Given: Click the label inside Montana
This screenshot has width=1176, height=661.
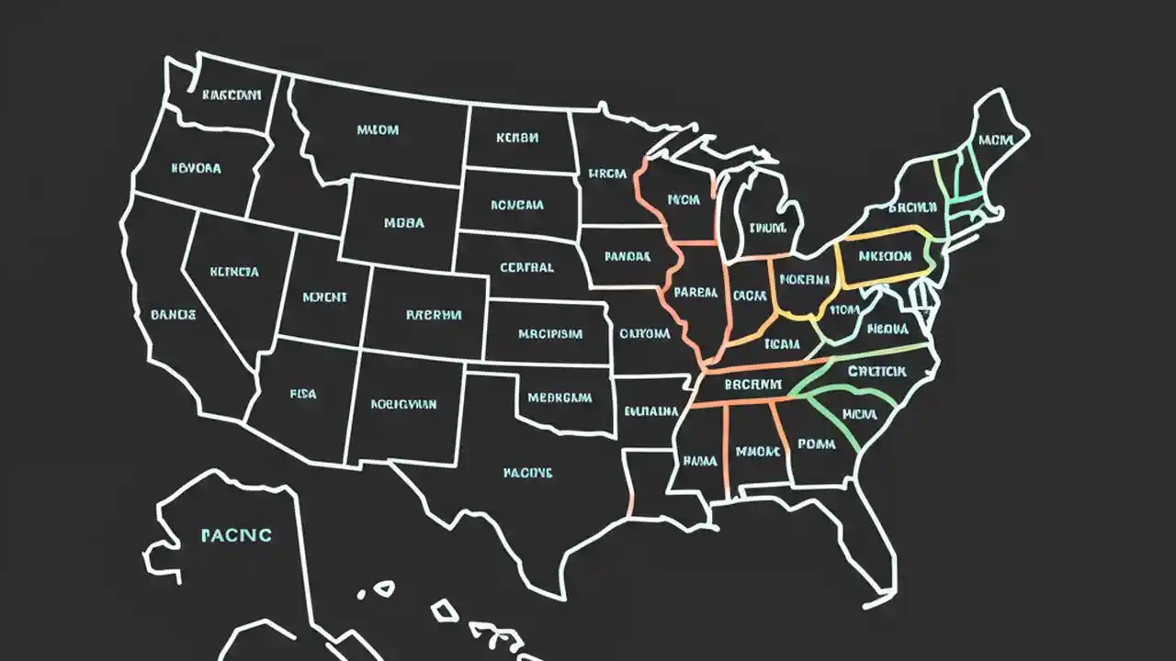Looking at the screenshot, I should tap(378, 130).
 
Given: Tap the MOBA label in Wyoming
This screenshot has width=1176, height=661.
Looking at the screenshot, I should tap(404, 222).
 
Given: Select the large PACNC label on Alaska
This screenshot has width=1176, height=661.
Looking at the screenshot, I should tap(236, 534).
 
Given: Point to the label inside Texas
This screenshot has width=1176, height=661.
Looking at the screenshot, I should tap(527, 473).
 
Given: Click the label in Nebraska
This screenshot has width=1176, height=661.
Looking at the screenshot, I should tap(526, 268).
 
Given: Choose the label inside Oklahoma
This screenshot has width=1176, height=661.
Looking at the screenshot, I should tap(560, 398).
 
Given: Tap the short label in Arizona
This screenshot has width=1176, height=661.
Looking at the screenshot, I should tap(303, 394).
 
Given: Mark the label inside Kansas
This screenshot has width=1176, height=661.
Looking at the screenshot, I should tap(550, 334).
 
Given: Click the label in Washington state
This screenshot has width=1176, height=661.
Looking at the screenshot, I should tap(232, 94).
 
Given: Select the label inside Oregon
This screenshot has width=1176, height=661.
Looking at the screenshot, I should tap(196, 169).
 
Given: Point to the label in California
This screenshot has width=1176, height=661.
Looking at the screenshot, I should tap(173, 315).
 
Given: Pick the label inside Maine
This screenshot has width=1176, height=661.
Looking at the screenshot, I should tap(996, 140).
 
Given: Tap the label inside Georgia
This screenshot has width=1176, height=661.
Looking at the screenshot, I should tap(816, 444).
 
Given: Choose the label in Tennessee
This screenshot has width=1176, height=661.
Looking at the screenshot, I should tap(752, 385).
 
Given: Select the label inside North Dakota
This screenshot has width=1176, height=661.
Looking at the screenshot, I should tap(516, 139).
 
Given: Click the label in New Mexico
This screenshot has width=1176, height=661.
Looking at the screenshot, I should tap(403, 403).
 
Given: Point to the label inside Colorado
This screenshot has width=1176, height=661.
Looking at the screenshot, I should tap(433, 315).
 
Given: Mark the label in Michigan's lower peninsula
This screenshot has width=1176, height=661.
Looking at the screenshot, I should tap(768, 228).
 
